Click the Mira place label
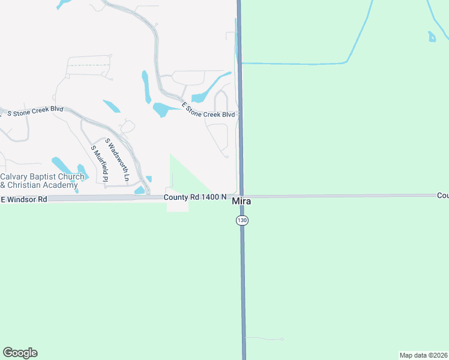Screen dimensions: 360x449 coord(241,202)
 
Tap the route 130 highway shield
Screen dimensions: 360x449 coord(241,221)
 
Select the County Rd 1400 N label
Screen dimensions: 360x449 coord(195,197)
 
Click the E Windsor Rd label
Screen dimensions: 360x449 coord(24,199)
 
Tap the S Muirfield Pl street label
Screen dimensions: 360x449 coord(99,163)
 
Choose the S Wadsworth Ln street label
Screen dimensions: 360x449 coord(117,160)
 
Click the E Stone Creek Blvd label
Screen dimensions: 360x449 coord(208,110)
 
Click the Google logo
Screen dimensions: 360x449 coord(20,353)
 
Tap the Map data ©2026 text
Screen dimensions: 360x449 coord(423,355)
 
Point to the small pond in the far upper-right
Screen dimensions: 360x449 coord(432,37)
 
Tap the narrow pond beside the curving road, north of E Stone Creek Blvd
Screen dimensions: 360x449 coord(146,86)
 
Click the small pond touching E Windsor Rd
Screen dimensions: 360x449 coord(140,190)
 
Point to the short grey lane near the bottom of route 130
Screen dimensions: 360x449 coord(264,339)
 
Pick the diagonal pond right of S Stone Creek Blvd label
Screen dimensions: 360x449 coord(111,106)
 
